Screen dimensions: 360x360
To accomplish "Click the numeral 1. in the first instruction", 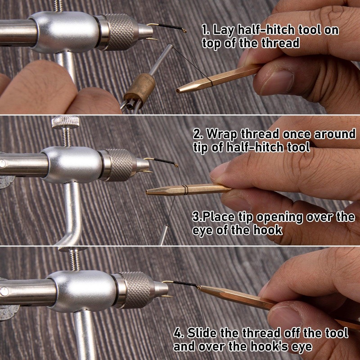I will [x=205, y=31].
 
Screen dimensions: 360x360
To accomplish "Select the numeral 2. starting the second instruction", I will [x=198, y=134].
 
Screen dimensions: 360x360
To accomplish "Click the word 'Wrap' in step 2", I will [x=220, y=134].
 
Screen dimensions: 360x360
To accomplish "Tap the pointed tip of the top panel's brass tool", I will [x=179, y=90].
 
